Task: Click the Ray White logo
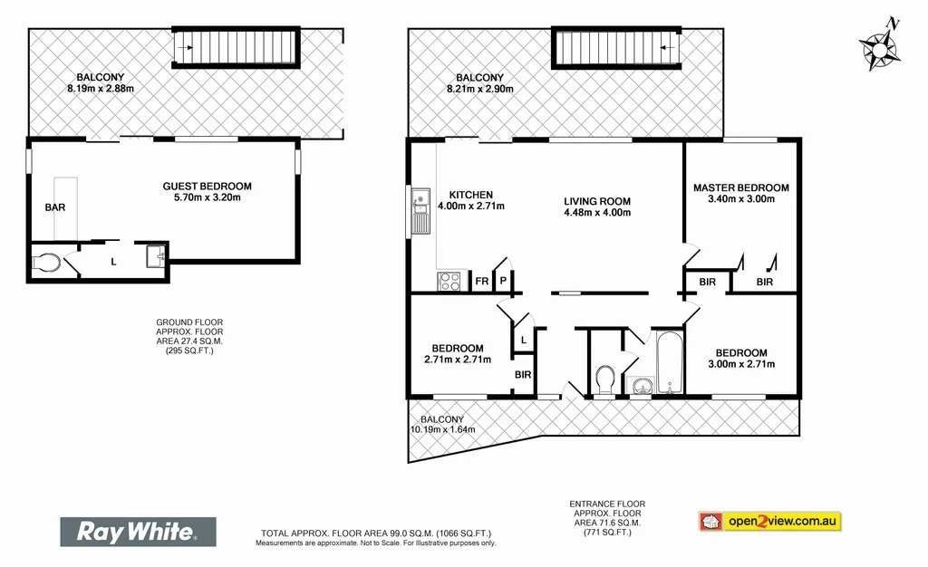[138, 532]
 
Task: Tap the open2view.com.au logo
[770, 522]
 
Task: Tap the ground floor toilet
[45, 263]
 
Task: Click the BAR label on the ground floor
[55, 207]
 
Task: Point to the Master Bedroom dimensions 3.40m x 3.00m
[741, 199]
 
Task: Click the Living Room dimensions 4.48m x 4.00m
[596, 213]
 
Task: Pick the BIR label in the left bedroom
[523, 373]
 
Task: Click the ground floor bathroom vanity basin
[155, 256]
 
